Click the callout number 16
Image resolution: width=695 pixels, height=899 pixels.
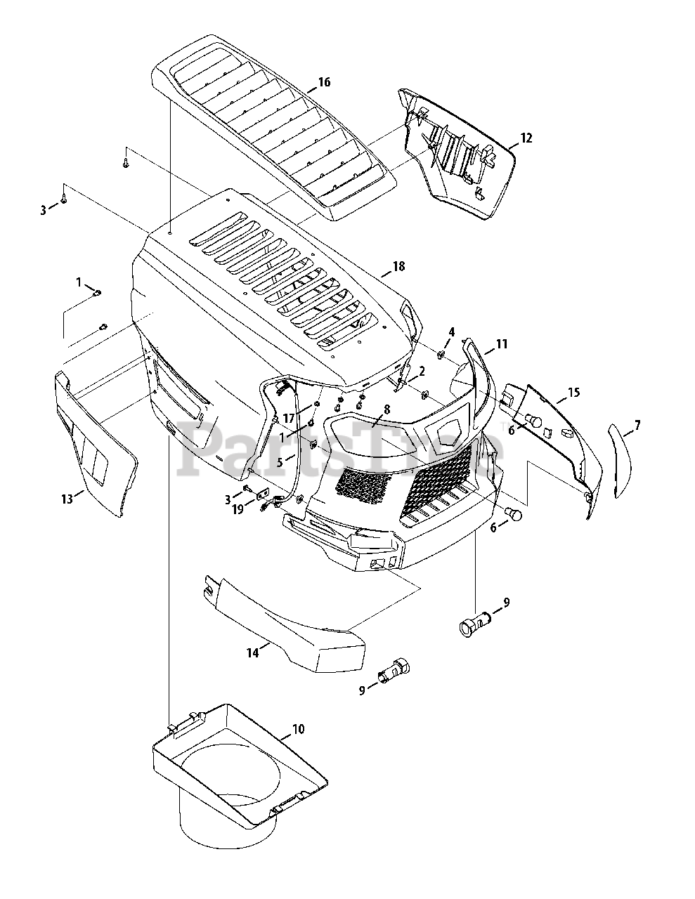323,82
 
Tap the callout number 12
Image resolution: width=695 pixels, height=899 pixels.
526,138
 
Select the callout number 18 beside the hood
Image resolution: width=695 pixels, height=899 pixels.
398,267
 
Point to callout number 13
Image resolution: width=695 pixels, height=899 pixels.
67,499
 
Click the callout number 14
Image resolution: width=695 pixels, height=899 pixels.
252,652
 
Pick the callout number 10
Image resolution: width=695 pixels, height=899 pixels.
298,729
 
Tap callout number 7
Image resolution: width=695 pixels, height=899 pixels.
637,425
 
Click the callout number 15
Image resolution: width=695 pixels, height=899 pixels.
573,392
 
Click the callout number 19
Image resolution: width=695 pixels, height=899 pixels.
238,510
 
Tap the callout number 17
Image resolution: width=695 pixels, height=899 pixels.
288,419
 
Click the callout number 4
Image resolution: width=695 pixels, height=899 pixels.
452,331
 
